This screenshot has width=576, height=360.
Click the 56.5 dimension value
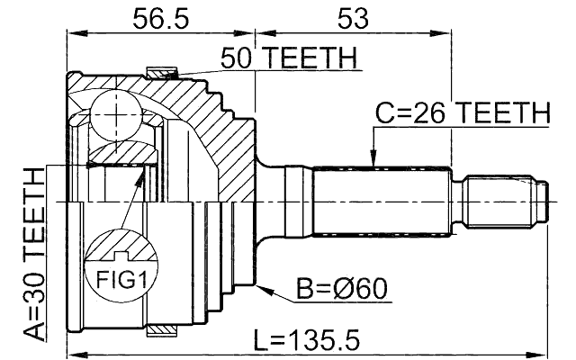(161, 19)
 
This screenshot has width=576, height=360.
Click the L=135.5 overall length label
(305, 340)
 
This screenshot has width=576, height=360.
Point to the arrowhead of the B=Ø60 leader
(262, 288)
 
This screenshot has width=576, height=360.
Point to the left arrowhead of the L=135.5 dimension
(72, 353)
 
